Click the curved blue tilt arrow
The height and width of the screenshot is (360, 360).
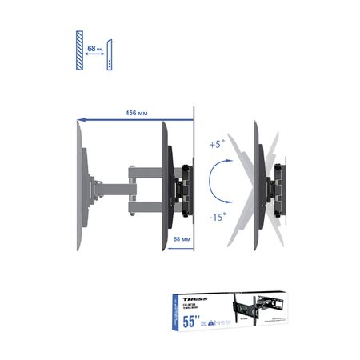pyautogui.click(x=212, y=181)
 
